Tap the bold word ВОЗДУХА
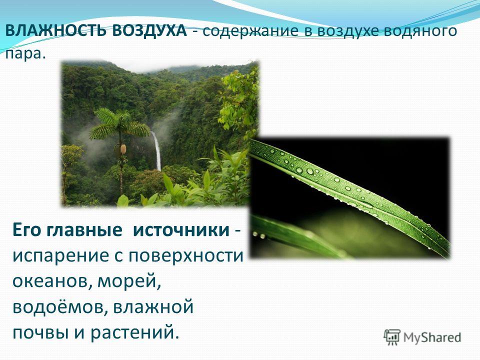pyautogui.click(x=149, y=31)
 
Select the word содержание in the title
pyautogui.click(x=250, y=31)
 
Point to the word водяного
pyautogui.click(x=420, y=31)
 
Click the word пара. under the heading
pyautogui.click(x=25, y=54)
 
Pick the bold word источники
pyautogui.click(x=181, y=230)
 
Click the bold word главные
pyautogui.click(x=84, y=230)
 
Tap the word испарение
pyautogui.click(x=60, y=256)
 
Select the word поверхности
pyautogui.click(x=185, y=256)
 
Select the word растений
pyautogui.click(x=134, y=332)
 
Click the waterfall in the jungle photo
pyautogui.click(x=156, y=150)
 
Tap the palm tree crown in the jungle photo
pyautogui.click(x=119, y=124)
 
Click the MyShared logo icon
pyautogui.click(x=392, y=337)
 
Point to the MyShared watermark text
pyautogui.click(x=432, y=337)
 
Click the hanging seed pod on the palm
pyautogui.click(x=123, y=149)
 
